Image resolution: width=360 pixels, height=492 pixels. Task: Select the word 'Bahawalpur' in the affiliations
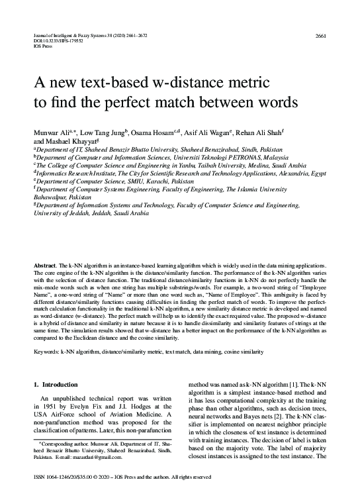point(54,197)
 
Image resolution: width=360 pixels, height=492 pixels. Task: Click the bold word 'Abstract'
point(45,265)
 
